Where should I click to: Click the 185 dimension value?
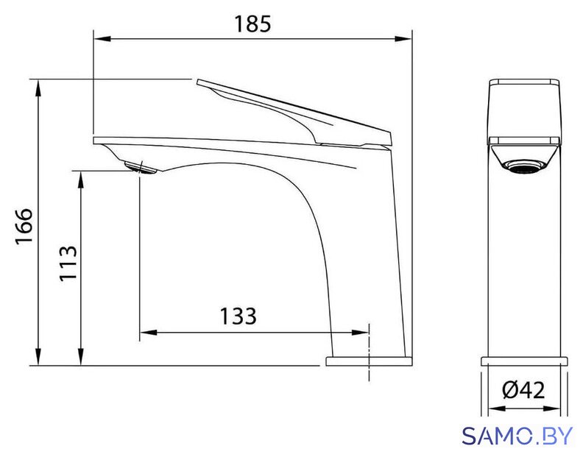click(252, 24)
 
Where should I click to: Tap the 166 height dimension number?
click(24, 225)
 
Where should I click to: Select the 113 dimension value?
click(68, 263)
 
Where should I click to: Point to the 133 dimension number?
click(238, 316)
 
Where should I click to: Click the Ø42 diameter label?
click(523, 390)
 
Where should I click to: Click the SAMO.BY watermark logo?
click(517, 436)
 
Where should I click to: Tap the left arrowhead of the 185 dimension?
click(102, 39)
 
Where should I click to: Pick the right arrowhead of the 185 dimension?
click(403, 39)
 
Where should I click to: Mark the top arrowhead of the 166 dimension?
click(38, 88)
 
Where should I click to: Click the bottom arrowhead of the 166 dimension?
click(38, 357)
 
